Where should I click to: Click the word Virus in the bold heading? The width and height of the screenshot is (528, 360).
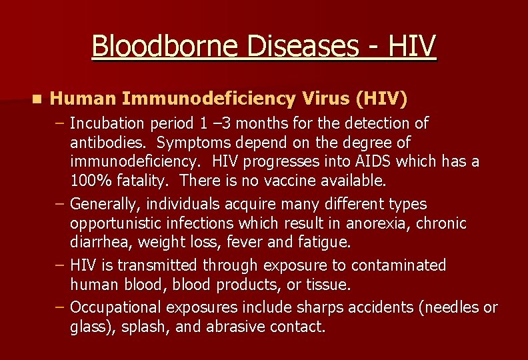point(325,99)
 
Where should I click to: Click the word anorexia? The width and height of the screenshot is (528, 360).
point(384,223)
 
